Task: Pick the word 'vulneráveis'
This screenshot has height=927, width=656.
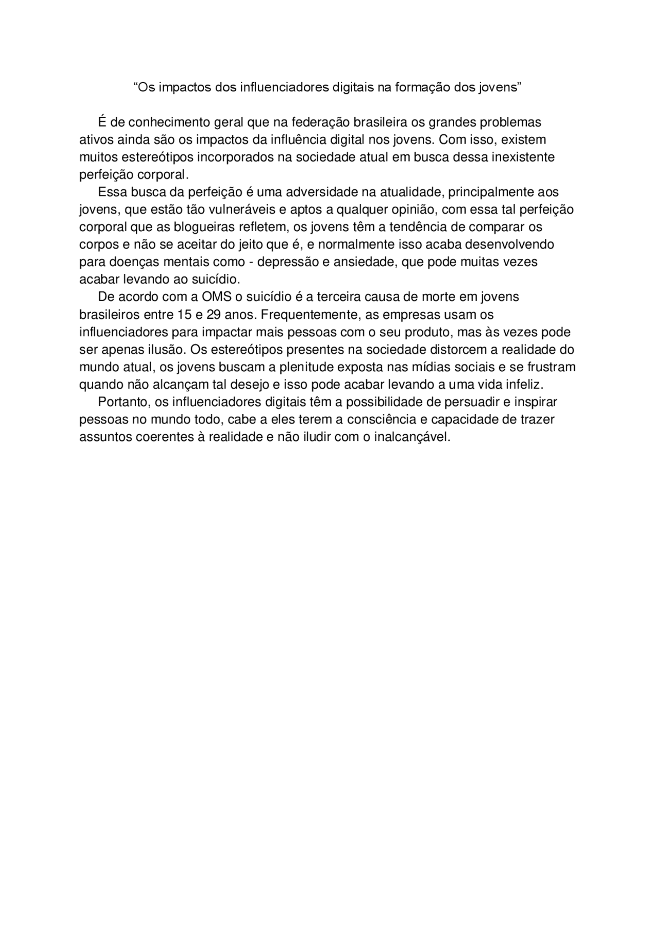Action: [x=231, y=210]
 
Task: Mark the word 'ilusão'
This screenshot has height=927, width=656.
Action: [x=163, y=349]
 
